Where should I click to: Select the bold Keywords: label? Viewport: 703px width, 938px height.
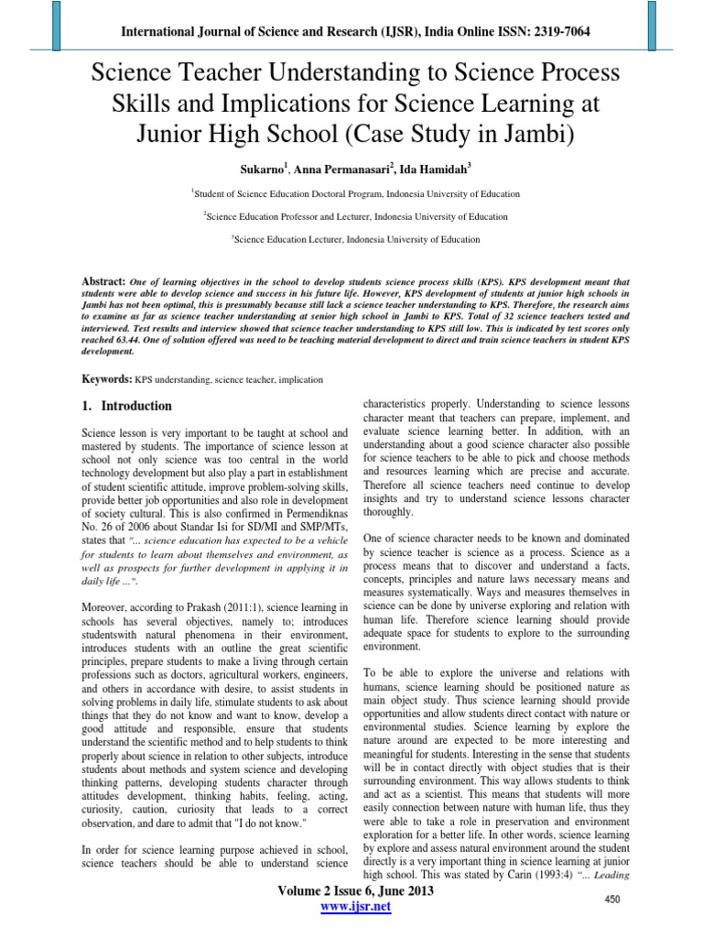coord(103,352)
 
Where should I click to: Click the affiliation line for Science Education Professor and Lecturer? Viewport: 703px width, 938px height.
coord(355,216)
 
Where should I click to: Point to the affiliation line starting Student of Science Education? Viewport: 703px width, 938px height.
coord(355,194)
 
